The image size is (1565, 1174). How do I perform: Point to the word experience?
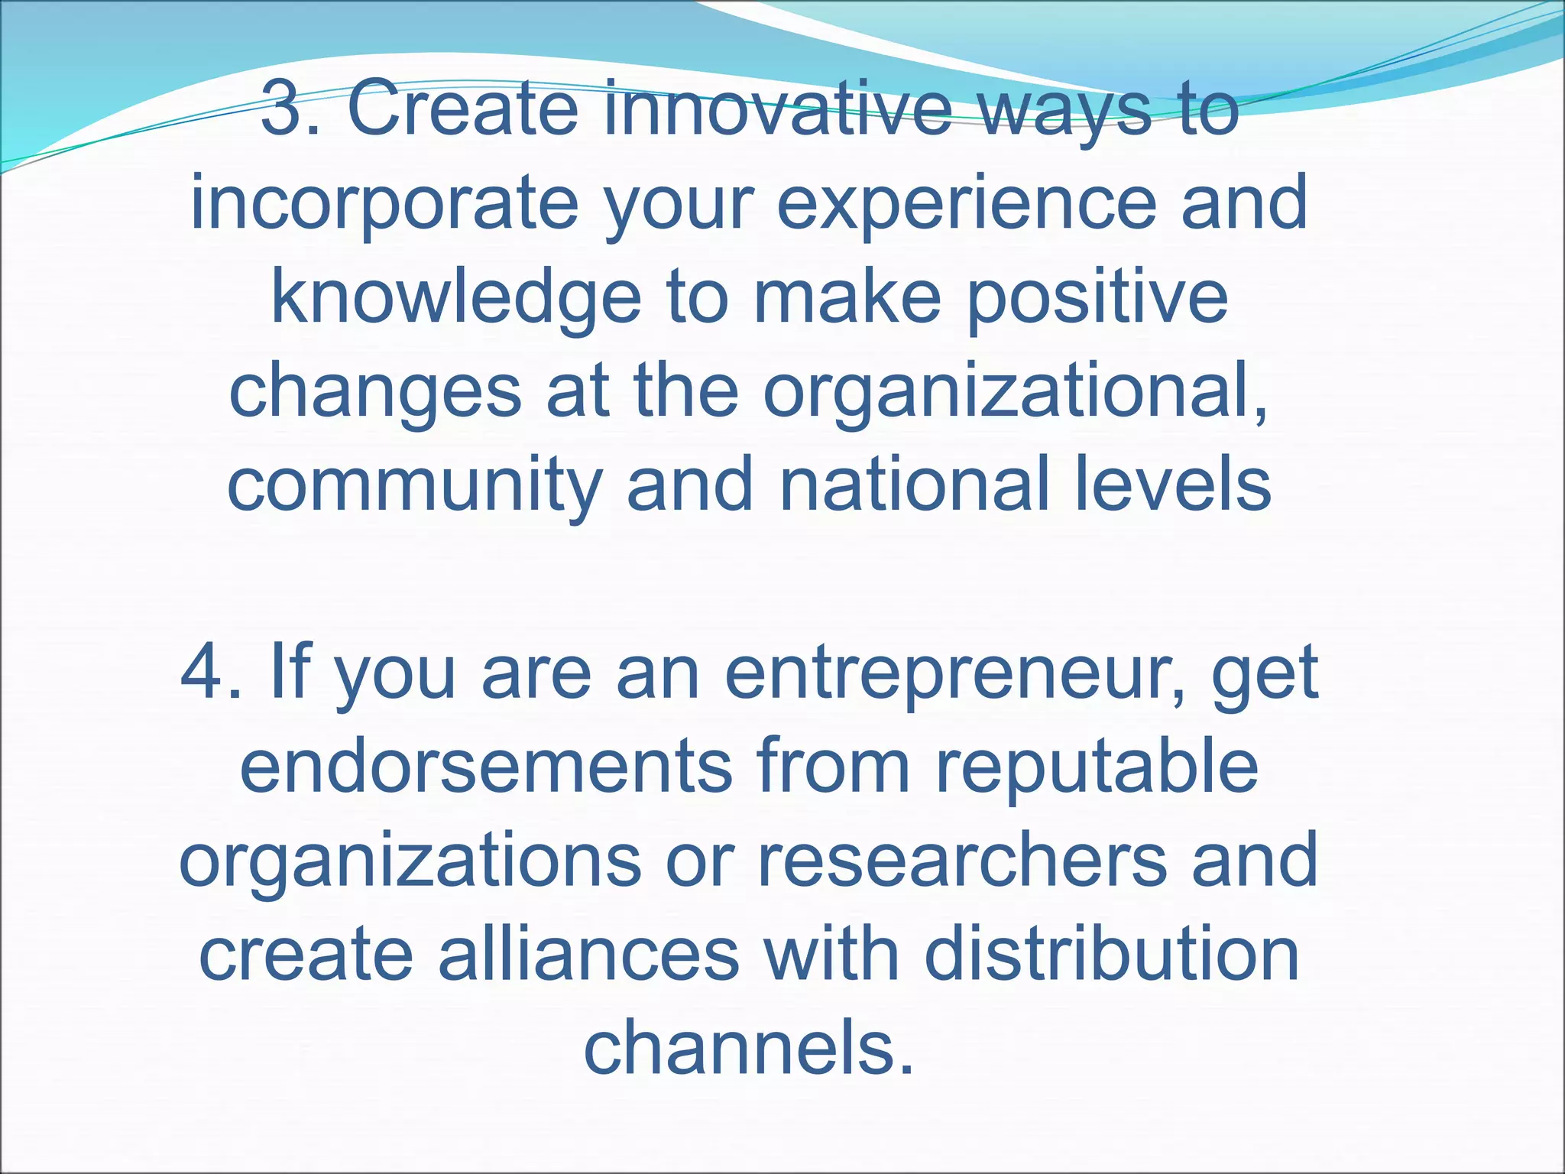coord(966,203)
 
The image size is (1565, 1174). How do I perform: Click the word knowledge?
coord(455,298)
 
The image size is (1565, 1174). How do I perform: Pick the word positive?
coord(1097,298)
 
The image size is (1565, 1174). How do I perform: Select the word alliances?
coord(588,955)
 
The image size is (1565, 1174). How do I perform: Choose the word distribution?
coord(1112,955)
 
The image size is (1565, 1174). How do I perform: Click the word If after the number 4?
coord(290,673)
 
